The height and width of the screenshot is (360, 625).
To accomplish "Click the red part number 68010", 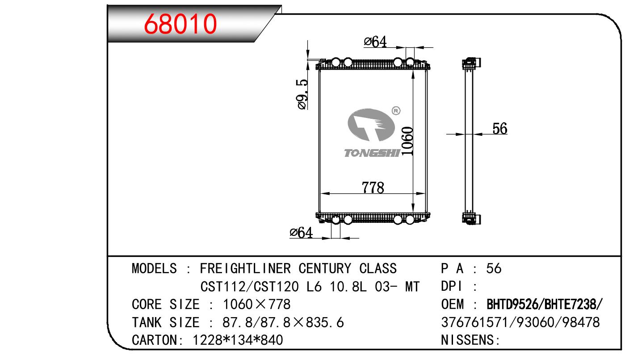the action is [x=180, y=24].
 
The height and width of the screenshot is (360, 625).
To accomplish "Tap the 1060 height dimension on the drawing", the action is [x=407, y=141].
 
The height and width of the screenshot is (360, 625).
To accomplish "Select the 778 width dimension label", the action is [x=373, y=188].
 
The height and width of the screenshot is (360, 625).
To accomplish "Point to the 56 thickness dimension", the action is [x=500, y=129].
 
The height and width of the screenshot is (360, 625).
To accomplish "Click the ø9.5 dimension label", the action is [x=302, y=94].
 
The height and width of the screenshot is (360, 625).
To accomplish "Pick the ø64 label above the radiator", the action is [x=375, y=42].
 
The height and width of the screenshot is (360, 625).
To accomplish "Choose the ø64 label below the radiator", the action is [x=302, y=233].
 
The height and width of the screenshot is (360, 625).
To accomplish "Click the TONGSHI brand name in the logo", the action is [x=372, y=153].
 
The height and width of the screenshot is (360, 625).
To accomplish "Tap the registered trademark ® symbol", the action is [x=396, y=111].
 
